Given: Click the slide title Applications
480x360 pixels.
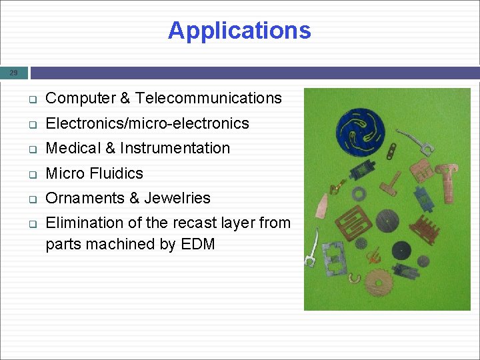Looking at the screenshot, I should [x=239, y=31].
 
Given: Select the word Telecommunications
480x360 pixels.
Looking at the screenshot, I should [x=208, y=99].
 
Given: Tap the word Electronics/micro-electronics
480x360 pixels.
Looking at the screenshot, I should [x=147, y=123].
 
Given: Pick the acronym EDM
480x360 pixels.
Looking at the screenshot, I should [x=197, y=244].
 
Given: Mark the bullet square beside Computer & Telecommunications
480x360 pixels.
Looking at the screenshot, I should [x=31, y=99].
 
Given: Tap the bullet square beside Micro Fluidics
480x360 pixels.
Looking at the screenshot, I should [x=31, y=174].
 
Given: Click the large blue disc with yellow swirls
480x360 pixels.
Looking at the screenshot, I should [x=363, y=130].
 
